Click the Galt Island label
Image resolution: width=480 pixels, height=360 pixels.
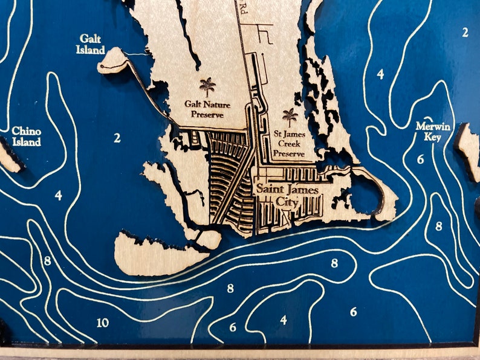91,44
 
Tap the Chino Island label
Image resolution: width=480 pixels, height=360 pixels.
27,137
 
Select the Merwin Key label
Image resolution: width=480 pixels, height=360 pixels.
430,131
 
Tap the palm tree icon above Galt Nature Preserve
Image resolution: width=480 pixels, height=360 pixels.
207,86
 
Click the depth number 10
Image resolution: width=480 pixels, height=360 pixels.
103,323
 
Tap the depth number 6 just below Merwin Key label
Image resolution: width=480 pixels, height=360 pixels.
420,160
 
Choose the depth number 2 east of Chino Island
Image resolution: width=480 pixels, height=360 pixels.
117,138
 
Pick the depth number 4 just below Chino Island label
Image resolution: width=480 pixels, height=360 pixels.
58,196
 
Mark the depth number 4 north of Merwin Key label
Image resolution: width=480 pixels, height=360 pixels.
380,74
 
